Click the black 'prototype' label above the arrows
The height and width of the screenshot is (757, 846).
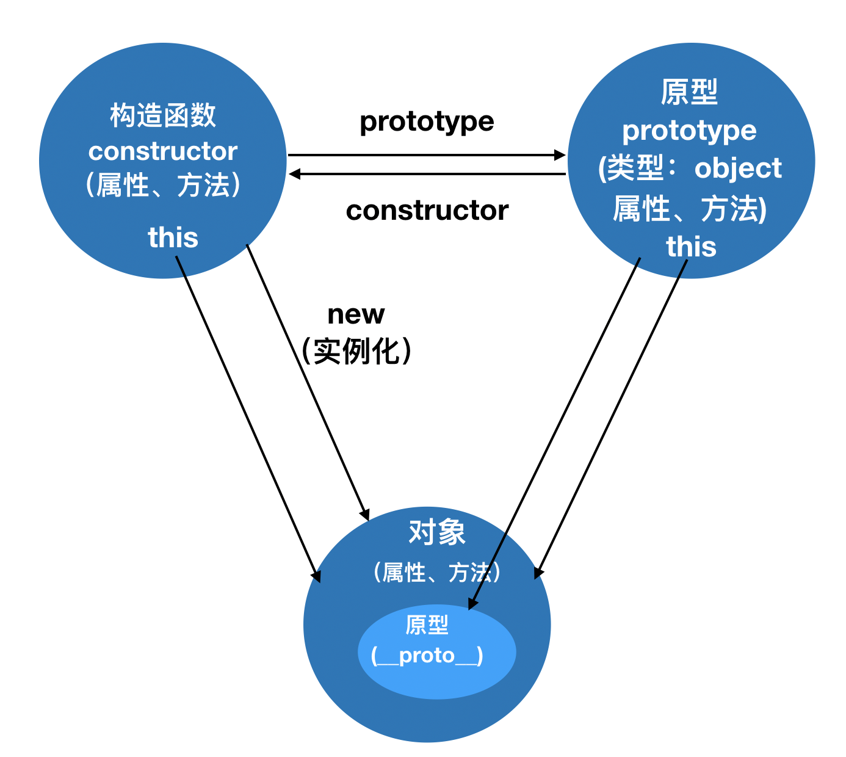[427, 122]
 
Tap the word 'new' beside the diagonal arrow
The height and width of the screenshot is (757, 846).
[356, 314]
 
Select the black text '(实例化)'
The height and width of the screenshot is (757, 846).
[356, 351]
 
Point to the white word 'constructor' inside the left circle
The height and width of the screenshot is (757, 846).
[163, 151]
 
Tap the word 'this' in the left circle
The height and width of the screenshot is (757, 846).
[173, 237]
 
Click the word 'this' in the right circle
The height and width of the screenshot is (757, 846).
[691, 246]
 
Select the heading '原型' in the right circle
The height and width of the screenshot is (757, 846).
[689, 92]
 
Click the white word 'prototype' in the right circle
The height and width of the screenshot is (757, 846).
[689, 131]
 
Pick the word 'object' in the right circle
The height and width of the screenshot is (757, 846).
[738, 168]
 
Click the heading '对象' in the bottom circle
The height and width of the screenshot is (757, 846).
[437, 532]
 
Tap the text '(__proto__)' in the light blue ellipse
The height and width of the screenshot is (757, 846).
[427, 655]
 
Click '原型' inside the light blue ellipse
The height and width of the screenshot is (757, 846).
[427, 625]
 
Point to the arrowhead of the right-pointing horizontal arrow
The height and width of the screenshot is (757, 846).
[560, 155]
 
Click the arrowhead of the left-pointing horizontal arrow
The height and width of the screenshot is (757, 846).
[294, 174]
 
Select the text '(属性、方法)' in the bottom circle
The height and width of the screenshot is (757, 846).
[437, 572]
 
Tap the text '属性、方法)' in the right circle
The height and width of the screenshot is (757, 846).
[690, 208]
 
